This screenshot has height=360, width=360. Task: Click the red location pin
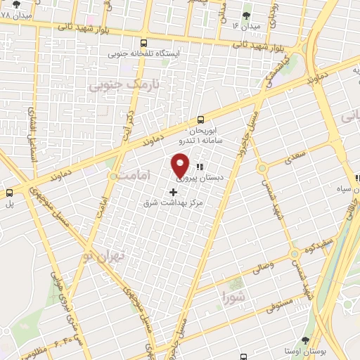pyautogui.click(x=181, y=167)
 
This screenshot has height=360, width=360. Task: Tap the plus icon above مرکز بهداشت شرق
pyautogui.click(x=174, y=191)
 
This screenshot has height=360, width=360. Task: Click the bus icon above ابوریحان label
pyautogui.click(x=202, y=119)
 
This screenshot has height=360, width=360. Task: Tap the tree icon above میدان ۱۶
pyautogui.click(x=246, y=15)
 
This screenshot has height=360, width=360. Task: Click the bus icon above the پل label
pyautogui.click(x=10, y=192)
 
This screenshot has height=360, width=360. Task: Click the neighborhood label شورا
pyautogui.click(x=233, y=294)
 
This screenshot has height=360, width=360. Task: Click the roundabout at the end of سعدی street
pyautogui.click(x=262, y=169)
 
